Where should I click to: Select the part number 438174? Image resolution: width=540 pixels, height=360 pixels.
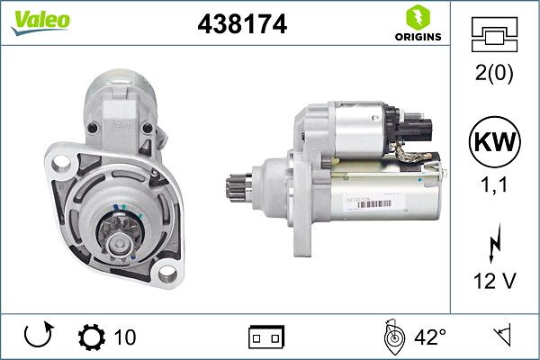click(241, 26)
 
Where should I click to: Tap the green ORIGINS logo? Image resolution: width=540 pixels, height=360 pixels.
click(417, 23)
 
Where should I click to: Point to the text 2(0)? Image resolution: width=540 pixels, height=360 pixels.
click(496, 74)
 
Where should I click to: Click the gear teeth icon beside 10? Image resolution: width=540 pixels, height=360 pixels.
click(92, 337)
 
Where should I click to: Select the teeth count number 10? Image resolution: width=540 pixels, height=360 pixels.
click(125, 337)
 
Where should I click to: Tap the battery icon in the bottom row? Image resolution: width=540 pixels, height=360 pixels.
click(266, 337)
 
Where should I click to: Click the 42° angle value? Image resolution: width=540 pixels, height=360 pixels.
click(429, 337)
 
